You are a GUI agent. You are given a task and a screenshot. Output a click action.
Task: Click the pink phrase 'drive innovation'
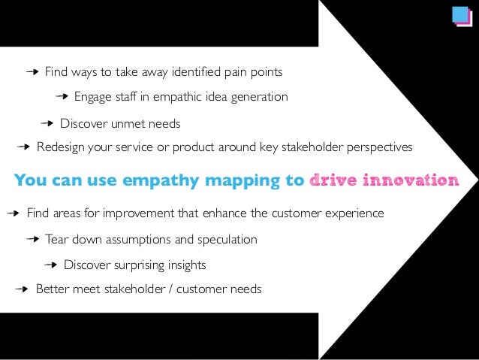click(384, 180)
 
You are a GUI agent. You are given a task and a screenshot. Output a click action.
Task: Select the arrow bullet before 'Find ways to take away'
click(32, 73)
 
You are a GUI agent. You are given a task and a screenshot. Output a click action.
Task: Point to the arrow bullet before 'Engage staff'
click(62, 97)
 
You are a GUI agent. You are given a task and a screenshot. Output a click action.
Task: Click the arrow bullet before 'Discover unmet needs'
click(47, 123)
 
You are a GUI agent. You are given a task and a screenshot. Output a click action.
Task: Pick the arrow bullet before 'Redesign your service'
click(23, 147)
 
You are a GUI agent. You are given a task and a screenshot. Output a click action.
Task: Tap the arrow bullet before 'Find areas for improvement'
click(14, 213)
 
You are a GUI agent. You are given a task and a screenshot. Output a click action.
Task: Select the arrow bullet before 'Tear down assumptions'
click(32, 240)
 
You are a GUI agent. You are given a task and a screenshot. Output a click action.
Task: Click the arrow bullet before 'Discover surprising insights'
click(51, 265)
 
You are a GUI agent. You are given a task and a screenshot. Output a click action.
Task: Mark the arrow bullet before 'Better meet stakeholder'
click(23, 289)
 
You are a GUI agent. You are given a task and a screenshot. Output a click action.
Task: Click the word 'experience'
click(355, 213)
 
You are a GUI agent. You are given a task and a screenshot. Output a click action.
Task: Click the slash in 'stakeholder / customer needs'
click(170, 289)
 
